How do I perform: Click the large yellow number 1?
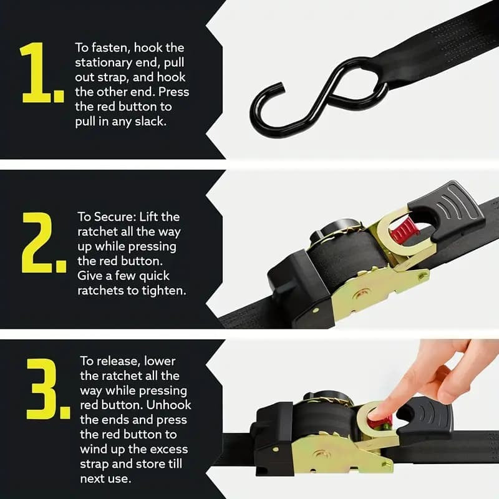point(39,74)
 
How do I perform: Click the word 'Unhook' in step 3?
point(168,405)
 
